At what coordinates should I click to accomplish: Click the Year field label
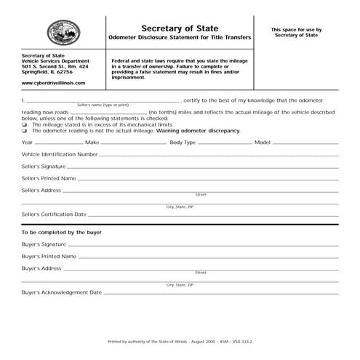pos(27,143)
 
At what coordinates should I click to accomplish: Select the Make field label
pos(92,143)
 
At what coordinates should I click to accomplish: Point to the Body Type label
pos(183,143)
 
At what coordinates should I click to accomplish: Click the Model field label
pos(262,143)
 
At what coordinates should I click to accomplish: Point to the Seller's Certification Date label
pos(55,215)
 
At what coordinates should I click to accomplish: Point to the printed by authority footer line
pos(180,340)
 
